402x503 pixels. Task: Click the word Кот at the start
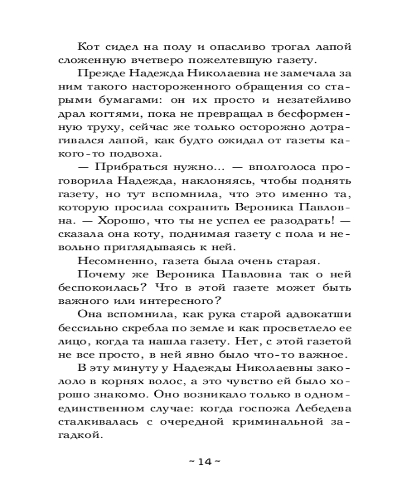click(x=88, y=47)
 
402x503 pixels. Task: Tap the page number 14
click(x=203, y=462)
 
